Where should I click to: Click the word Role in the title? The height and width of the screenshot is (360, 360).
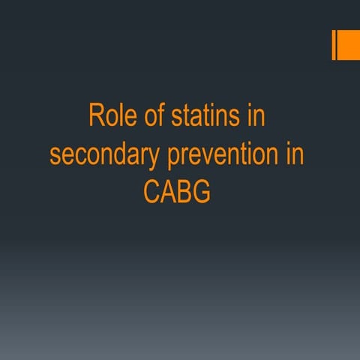tap(109, 118)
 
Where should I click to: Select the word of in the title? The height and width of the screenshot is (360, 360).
tap(150, 118)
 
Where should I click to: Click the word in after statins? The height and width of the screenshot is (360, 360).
tap(256, 118)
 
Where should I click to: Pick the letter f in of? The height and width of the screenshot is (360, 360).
tap(156, 117)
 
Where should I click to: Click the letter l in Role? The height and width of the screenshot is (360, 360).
tap(120, 117)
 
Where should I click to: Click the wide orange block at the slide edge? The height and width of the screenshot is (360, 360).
tap(347, 46)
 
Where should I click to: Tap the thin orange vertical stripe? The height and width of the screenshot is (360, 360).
tap(333, 46)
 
